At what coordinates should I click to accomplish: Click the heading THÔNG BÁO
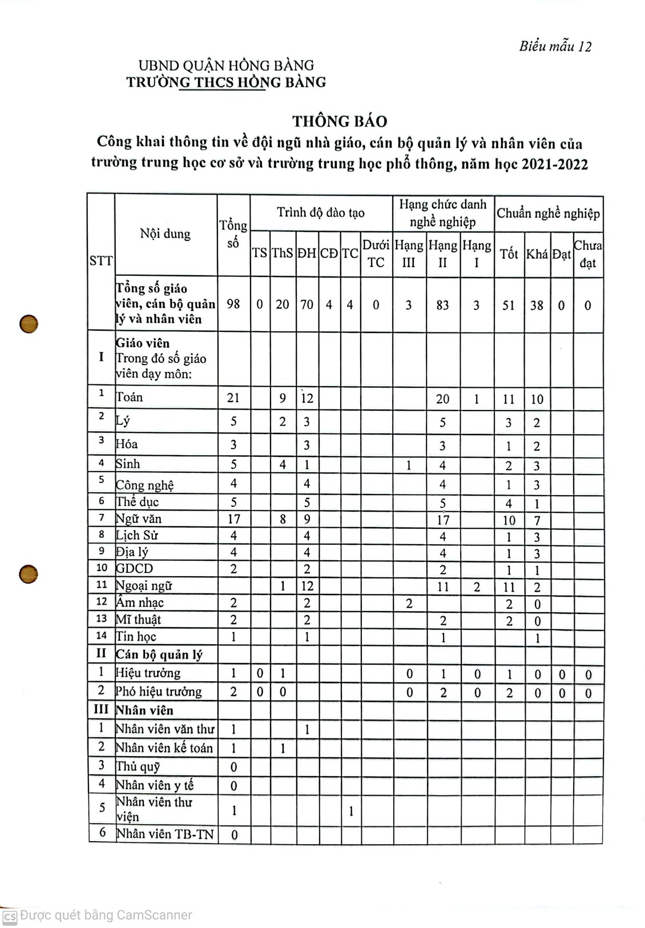(x=340, y=121)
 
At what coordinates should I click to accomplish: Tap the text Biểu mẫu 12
(x=555, y=47)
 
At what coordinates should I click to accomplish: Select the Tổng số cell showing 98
(x=233, y=304)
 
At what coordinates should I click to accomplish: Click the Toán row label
(x=130, y=397)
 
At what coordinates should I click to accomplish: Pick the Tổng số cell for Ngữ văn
(x=233, y=519)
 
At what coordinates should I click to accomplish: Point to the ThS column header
(x=282, y=254)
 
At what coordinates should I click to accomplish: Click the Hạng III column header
(x=409, y=254)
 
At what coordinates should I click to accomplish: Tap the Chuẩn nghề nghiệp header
(x=548, y=214)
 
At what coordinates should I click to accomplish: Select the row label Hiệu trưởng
(x=148, y=673)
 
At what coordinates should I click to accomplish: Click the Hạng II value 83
(x=442, y=305)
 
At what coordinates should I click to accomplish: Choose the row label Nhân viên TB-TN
(x=165, y=834)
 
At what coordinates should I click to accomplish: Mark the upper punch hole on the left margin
(x=29, y=324)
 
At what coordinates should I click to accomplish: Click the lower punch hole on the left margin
(x=29, y=573)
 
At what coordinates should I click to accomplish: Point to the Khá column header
(x=537, y=254)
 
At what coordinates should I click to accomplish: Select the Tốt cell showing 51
(x=508, y=305)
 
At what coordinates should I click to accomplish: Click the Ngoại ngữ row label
(x=144, y=586)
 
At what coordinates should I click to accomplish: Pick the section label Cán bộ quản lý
(x=159, y=654)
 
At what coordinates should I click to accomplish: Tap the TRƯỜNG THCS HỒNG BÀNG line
(x=226, y=82)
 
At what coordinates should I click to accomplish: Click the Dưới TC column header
(x=376, y=254)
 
